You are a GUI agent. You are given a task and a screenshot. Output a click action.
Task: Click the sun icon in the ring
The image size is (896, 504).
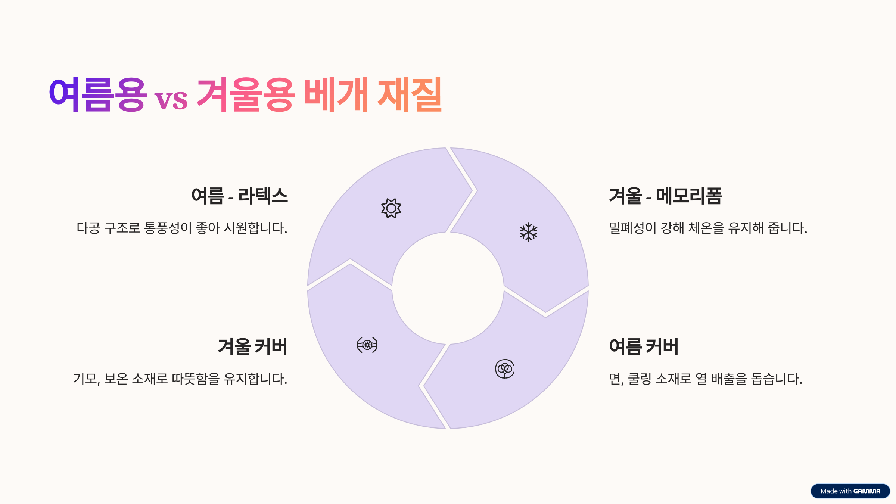[x=391, y=208]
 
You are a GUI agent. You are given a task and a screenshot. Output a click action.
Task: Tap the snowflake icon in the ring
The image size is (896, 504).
[x=528, y=232]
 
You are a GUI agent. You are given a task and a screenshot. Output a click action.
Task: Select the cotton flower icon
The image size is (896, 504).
[x=505, y=369]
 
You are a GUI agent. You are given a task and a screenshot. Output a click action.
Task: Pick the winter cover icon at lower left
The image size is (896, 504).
[x=367, y=345]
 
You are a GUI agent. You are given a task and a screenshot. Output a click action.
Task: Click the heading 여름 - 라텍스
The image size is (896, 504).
[x=239, y=196]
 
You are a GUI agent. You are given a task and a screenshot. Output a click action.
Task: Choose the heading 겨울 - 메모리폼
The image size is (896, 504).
[x=665, y=196]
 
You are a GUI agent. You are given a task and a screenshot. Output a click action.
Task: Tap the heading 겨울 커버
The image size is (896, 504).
[x=253, y=346]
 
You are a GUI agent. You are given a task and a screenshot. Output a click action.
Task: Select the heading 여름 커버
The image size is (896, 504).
[x=644, y=346]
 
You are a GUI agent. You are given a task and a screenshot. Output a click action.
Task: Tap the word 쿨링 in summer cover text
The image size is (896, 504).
[x=640, y=379]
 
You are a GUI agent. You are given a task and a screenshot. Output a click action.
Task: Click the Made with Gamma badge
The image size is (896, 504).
[x=850, y=491]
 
